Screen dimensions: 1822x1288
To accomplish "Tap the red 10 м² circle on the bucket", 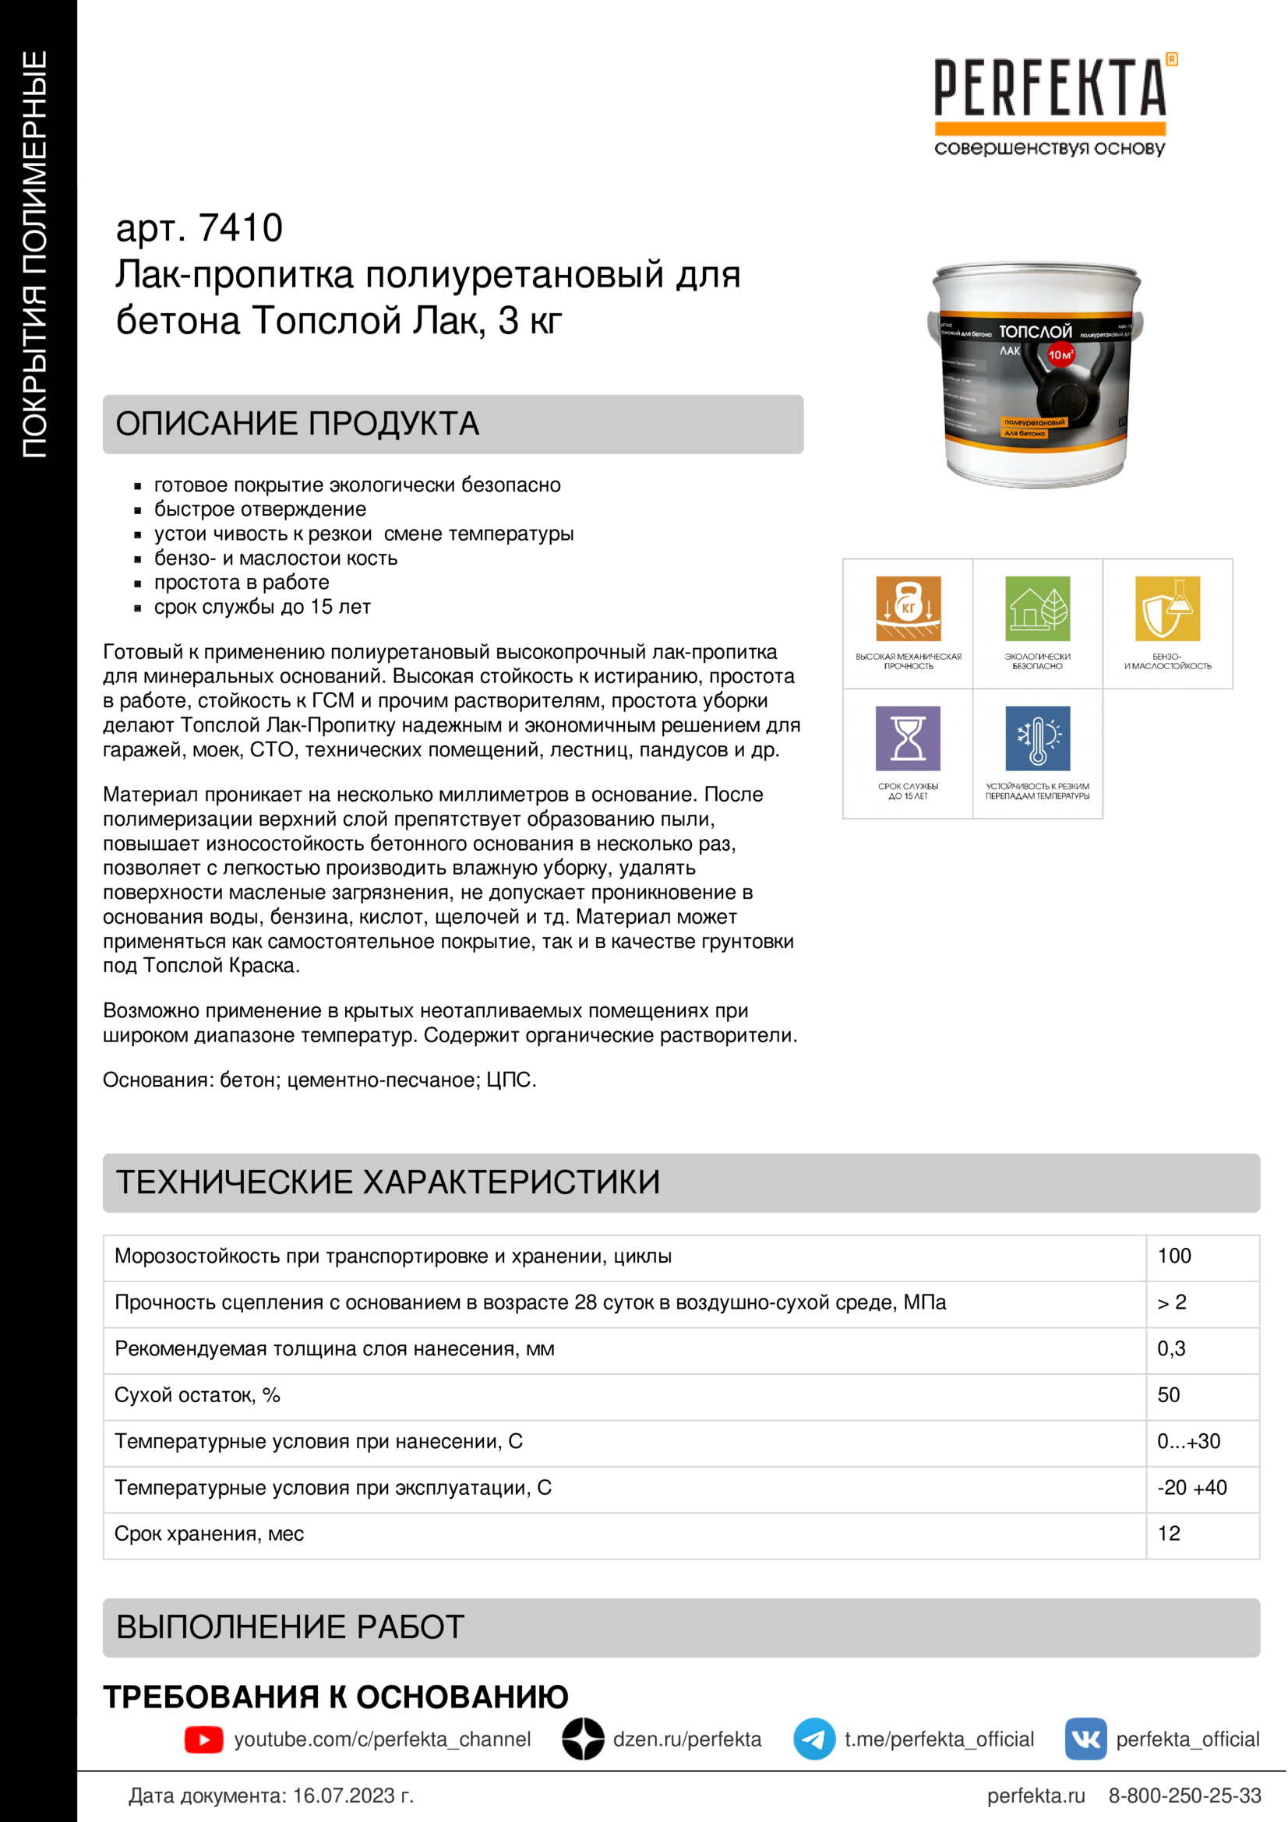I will (1060, 354).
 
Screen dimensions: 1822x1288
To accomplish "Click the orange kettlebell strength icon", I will (908, 608).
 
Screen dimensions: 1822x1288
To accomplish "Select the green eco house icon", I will (1037, 608).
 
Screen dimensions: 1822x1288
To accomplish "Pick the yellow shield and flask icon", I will (1167, 608).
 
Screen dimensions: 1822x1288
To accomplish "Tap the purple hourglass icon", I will (908, 738).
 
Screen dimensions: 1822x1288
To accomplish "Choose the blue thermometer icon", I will (1037, 738).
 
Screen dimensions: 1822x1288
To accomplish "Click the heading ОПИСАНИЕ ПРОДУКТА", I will (298, 424).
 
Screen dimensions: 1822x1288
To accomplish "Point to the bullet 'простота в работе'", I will (242, 583).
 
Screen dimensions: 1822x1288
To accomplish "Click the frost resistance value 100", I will (1173, 1256).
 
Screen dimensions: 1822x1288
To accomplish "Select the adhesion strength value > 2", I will (1171, 1302).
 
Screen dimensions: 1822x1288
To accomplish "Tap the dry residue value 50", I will (1168, 1395).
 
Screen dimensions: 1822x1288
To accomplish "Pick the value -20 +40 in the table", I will (1191, 1488).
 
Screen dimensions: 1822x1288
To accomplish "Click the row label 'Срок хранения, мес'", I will (209, 1534).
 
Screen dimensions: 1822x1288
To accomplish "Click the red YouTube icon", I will (204, 1739).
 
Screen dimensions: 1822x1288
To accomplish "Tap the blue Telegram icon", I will (814, 1739).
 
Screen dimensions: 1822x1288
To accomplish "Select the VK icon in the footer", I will (1085, 1739).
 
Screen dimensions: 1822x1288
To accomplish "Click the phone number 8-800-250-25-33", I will (1184, 1796).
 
